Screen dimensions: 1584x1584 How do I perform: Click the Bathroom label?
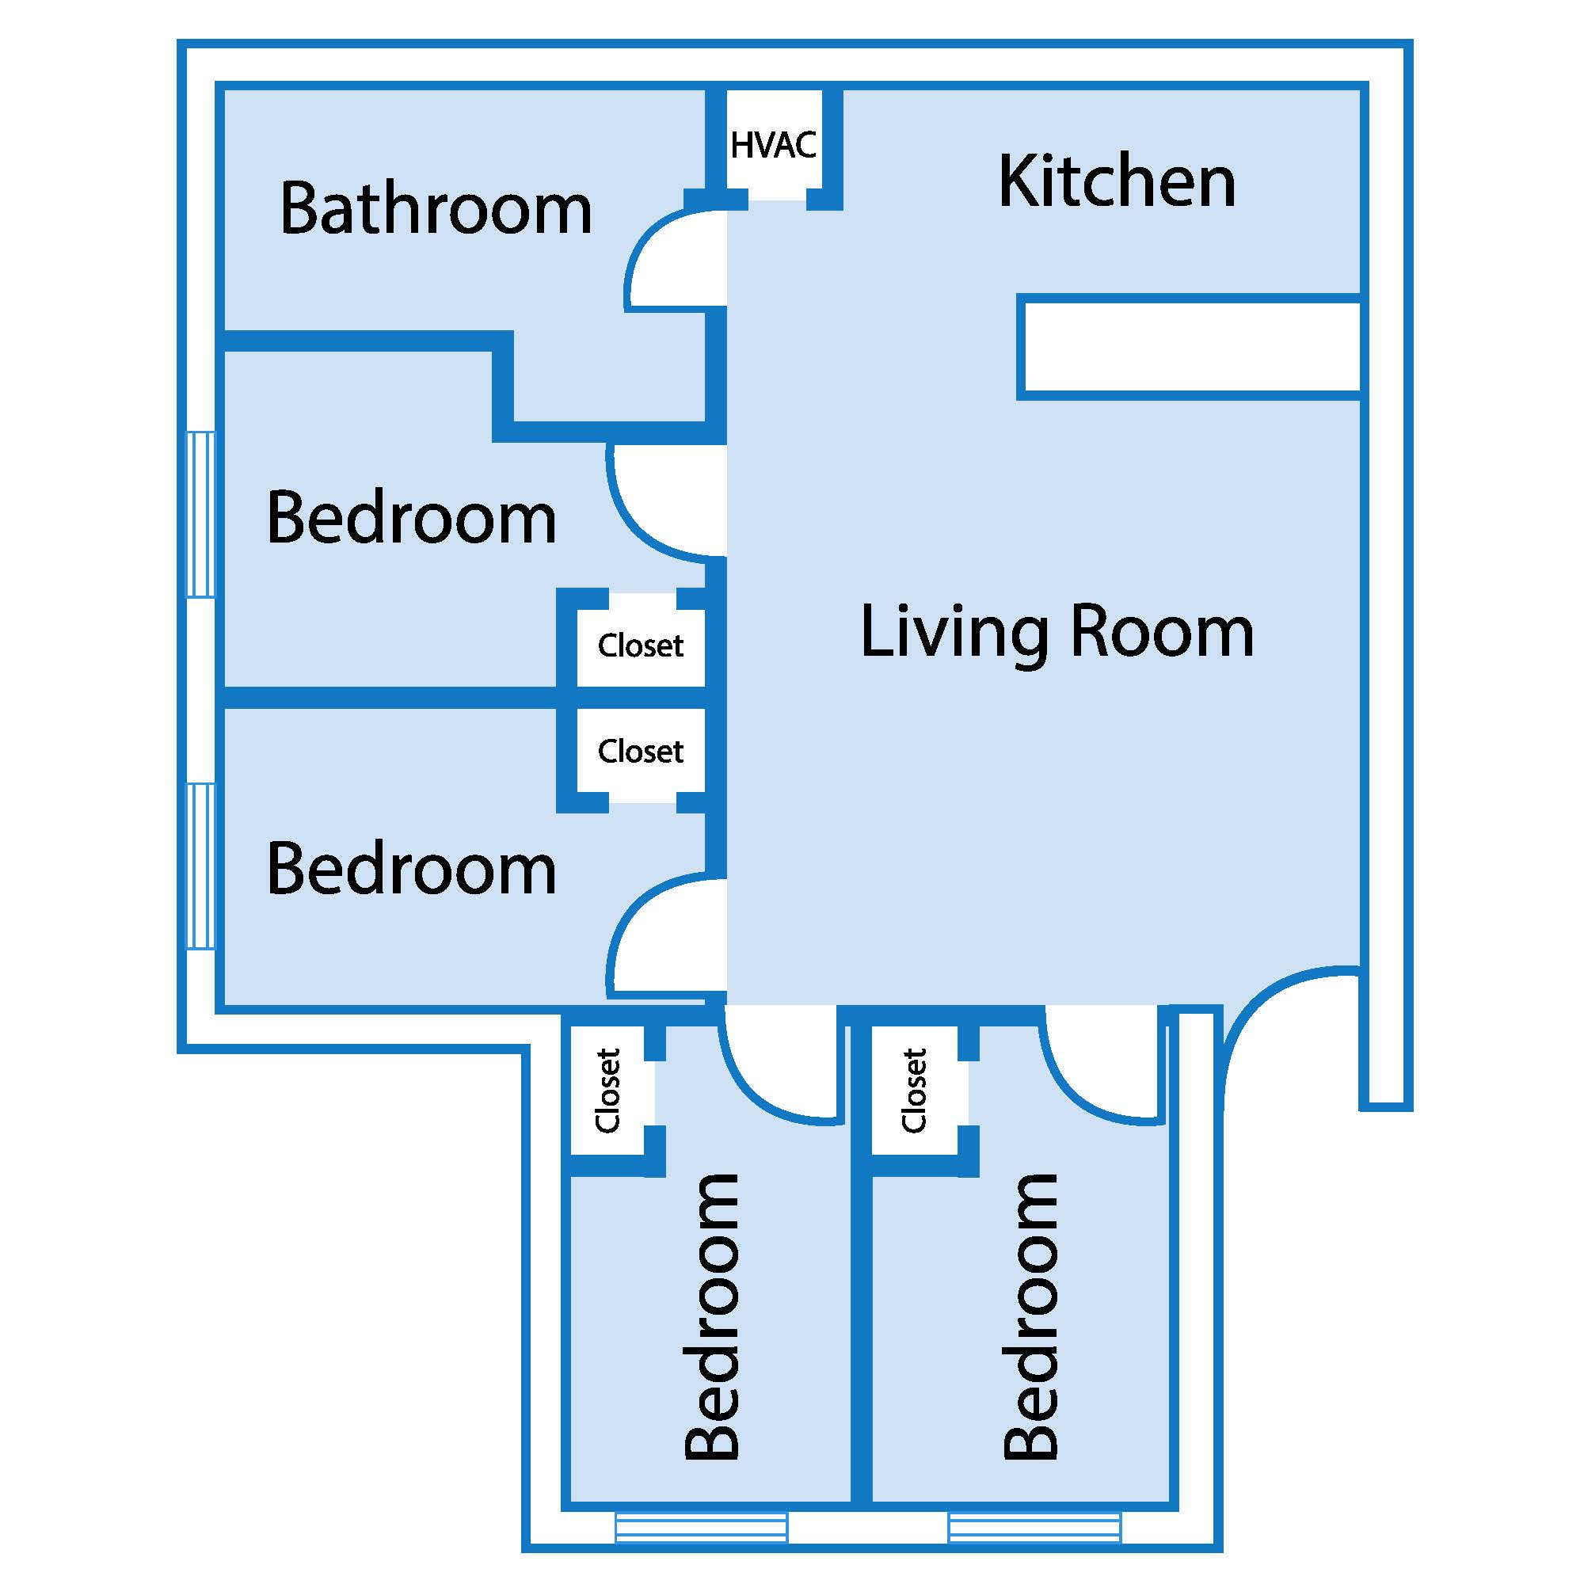[436, 208]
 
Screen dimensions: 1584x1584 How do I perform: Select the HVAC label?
[773, 145]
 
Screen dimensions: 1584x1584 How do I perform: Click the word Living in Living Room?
[955, 632]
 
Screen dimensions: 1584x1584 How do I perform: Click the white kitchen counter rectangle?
[1189, 347]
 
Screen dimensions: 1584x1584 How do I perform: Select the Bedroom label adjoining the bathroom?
[412, 517]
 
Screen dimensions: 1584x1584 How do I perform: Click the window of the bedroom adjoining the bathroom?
[201, 514]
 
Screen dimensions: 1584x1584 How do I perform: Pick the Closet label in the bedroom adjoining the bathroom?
[640, 645]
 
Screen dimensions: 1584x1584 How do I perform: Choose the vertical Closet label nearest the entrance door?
[913, 1091]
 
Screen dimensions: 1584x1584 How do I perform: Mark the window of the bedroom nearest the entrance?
[1034, 1528]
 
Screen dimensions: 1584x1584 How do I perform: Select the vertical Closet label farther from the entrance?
[607, 1091]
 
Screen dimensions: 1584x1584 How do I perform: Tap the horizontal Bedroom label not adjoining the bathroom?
[412, 868]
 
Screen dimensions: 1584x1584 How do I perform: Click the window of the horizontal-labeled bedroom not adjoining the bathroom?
[201, 866]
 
